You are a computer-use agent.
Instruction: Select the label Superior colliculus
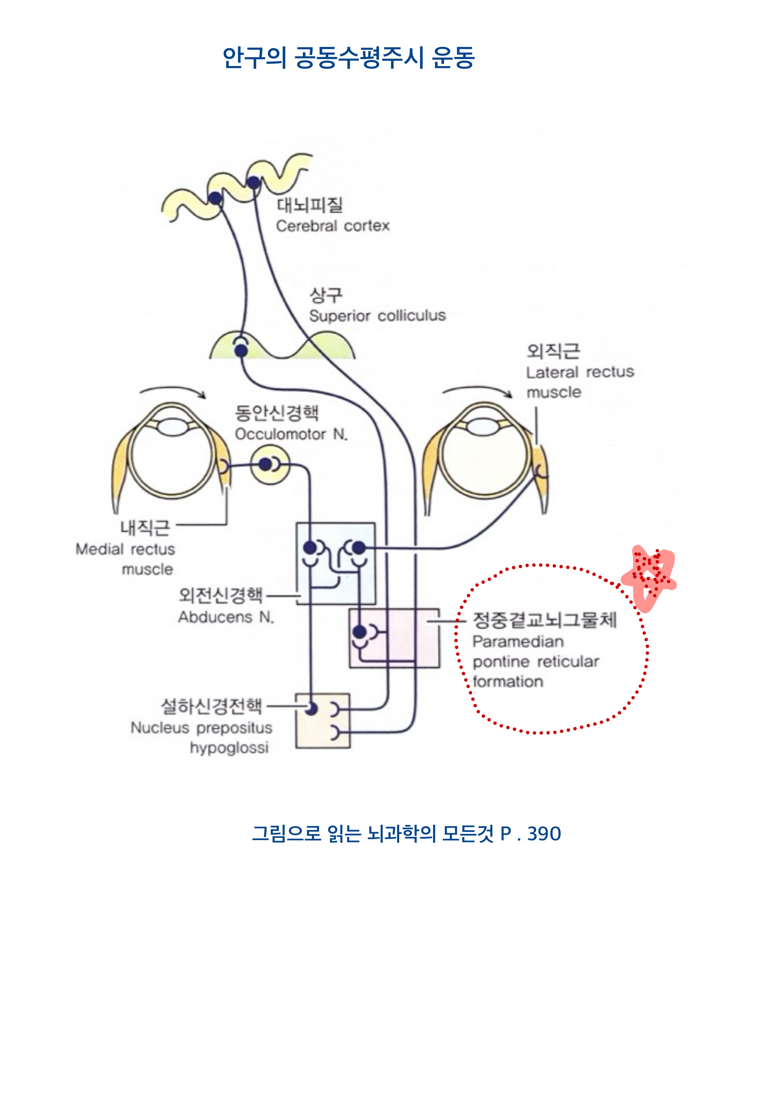(377, 316)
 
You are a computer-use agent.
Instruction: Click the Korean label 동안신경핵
(276, 412)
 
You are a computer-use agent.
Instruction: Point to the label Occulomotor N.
(291, 434)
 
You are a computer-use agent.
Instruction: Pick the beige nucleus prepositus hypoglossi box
(322, 721)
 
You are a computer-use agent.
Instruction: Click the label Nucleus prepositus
(201, 728)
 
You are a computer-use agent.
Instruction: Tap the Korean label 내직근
(145, 528)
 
